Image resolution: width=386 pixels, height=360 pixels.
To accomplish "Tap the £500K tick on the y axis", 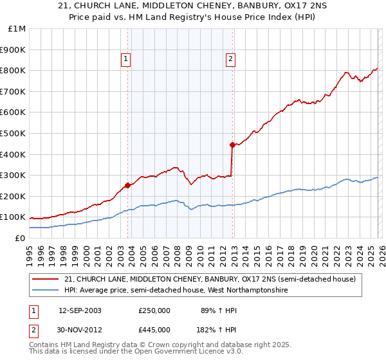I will pyautogui.click(x=14, y=133).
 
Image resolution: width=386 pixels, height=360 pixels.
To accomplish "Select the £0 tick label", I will pyautogui.click(x=19, y=238).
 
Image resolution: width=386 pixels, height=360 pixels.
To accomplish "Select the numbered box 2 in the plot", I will pyautogui.click(x=230, y=59).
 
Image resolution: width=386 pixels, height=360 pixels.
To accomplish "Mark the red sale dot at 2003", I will pyautogui.click(x=127, y=185).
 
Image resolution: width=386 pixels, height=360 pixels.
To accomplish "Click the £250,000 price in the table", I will pyautogui.click(x=154, y=310).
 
